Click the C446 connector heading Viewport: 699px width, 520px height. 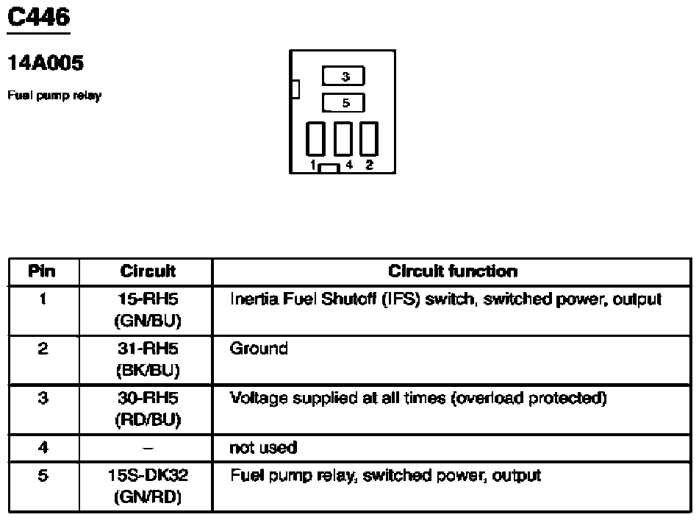coord(38,17)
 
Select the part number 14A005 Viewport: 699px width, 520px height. coord(45,64)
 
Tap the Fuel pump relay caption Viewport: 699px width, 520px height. coord(54,96)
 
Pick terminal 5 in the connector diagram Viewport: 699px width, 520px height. coord(344,103)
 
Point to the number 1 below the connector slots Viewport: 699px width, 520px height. coord(313,165)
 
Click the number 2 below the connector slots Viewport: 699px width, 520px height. coord(369,165)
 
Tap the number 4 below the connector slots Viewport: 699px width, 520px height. coord(350,165)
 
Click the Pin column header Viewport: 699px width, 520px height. coord(42,271)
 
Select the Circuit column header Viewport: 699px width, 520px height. coord(148,271)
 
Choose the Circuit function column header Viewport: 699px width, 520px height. coord(452,271)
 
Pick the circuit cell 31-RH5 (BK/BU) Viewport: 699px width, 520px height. coord(148,359)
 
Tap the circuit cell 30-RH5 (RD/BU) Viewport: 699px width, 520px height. coord(148,409)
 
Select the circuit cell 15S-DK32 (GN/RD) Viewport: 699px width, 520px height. coord(148,486)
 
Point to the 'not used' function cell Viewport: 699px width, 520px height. coord(263,447)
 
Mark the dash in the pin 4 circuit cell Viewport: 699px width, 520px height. coord(148,447)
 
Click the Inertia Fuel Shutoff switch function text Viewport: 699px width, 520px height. coord(446,299)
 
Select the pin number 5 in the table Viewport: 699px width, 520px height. coord(43,476)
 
